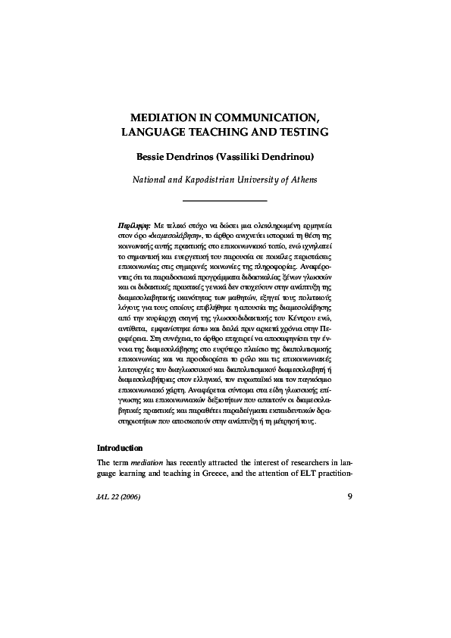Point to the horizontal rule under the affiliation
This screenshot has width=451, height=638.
click(x=225, y=199)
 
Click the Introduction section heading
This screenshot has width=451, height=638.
click(x=121, y=448)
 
